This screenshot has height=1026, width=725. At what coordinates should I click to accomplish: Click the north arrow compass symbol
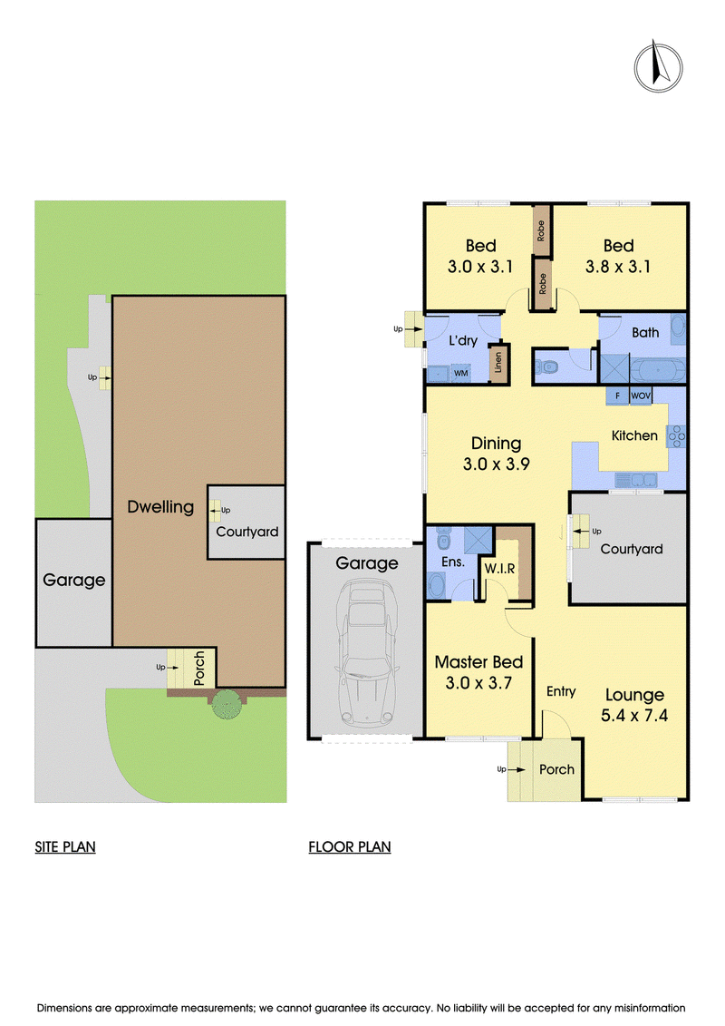[x=658, y=66]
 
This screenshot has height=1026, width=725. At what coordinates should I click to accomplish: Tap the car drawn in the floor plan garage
[x=367, y=653]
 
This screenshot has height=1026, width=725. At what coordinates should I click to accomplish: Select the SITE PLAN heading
[x=65, y=846]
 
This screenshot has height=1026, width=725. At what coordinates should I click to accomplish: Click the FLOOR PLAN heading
[x=350, y=846]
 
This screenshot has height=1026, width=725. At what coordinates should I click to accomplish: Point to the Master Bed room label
[x=478, y=662]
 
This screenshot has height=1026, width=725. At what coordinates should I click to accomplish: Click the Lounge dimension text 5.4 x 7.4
[x=634, y=715]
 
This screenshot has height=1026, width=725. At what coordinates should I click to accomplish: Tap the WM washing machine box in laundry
[x=461, y=373]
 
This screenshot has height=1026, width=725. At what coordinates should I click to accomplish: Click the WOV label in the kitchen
[x=641, y=396]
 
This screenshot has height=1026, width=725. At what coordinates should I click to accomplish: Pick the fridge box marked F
[x=617, y=396]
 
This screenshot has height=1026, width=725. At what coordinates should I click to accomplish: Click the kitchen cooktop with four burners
[x=676, y=436]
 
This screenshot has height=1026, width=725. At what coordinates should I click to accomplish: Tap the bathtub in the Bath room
[x=658, y=370]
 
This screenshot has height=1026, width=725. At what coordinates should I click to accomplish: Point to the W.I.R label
[x=499, y=569]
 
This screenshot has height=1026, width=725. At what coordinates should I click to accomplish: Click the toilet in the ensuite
[x=443, y=539]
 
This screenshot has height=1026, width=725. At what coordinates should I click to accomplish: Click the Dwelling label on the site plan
[x=160, y=507]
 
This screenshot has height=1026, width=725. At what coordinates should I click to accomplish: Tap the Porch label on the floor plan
[x=557, y=769]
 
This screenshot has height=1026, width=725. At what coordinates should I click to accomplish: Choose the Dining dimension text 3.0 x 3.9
[x=497, y=464]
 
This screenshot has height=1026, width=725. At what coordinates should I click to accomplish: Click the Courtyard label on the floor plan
[x=632, y=549]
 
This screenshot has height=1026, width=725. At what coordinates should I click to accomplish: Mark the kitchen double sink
[x=636, y=480]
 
